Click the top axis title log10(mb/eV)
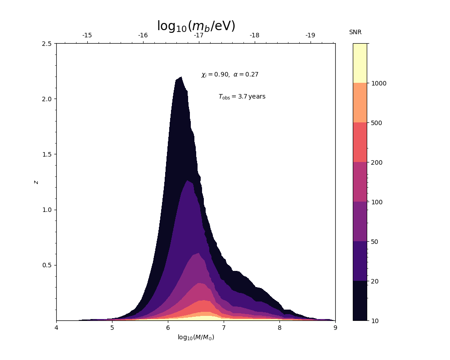tap(196, 26)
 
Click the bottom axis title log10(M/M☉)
tap(196, 337)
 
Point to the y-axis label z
tap(36, 182)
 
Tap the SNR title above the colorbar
tap(355, 32)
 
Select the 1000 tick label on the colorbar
tap(379, 83)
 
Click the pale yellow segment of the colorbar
tap(360, 63)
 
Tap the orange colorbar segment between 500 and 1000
tap(360, 103)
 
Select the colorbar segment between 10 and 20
tap(360, 301)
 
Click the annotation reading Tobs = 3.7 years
tap(242, 97)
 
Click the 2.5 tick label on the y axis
tap(47, 44)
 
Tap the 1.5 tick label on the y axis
tap(47, 154)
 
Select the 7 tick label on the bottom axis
tap(224, 328)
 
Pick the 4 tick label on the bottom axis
tap(56, 328)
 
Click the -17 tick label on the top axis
tap(198, 36)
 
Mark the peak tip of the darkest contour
tap(180, 77)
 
